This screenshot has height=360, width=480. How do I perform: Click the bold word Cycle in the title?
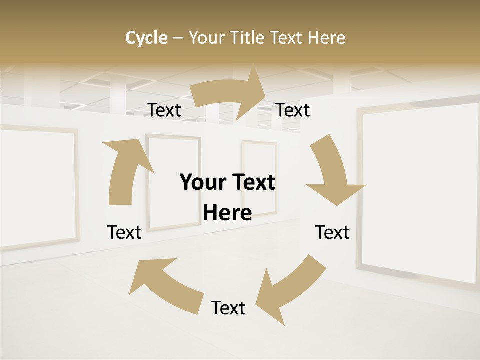[x=146, y=38]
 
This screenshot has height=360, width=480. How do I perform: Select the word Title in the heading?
[x=247, y=38]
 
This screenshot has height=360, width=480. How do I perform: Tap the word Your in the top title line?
[x=206, y=38]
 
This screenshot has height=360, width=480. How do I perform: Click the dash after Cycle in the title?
[x=178, y=38]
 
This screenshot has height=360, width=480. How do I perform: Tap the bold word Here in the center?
[x=227, y=213]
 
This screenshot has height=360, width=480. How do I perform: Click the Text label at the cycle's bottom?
[x=228, y=308]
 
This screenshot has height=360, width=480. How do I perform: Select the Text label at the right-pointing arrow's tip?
[x=293, y=110]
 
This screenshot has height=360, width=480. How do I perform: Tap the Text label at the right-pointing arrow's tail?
[x=164, y=110]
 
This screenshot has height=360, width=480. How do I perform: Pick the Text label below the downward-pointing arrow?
[x=332, y=232]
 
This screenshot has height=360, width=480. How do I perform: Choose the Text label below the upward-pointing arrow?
[x=124, y=232]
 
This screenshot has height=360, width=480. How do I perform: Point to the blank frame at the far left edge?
[x=35, y=187]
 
